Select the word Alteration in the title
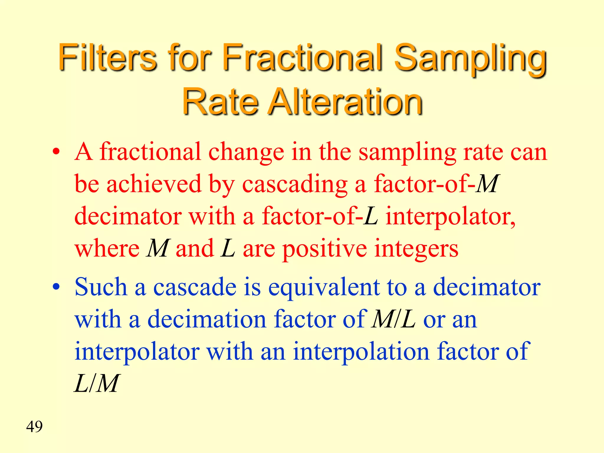(346, 102)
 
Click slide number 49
(34, 426)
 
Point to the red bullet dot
(56, 152)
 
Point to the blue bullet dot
(56, 287)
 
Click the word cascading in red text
(295, 185)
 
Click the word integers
(416, 249)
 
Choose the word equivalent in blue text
(324, 288)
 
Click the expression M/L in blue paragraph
(394, 319)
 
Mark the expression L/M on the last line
(96, 383)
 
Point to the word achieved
(154, 184)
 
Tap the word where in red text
(107, 249)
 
